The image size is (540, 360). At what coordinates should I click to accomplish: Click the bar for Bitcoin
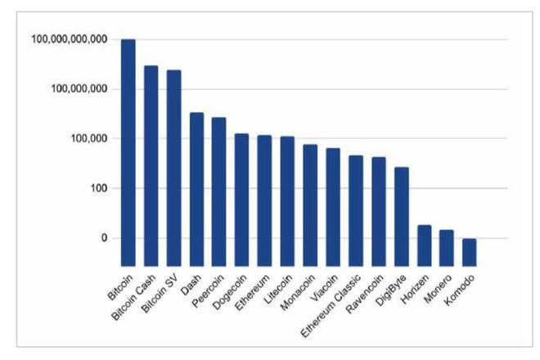128,152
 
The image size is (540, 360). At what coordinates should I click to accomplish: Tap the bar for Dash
196,189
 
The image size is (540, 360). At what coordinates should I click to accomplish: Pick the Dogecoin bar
242,200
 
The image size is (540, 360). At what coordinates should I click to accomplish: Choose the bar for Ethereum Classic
356,210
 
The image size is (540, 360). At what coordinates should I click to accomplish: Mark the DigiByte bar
401,216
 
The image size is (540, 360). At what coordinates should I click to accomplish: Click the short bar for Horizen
424,245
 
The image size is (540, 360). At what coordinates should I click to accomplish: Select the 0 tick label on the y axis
104,238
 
